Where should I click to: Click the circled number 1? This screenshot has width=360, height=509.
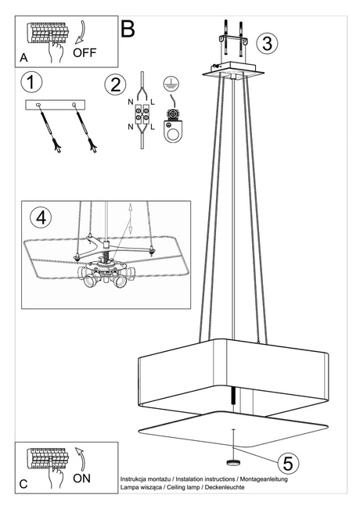(x=32, y=82)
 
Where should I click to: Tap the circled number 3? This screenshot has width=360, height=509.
(x=268, y=43)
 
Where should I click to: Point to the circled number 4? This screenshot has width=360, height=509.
(x=41, y=217)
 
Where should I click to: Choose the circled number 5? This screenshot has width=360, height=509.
(x=288, y=463)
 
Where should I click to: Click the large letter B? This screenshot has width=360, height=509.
(x=128, y=29)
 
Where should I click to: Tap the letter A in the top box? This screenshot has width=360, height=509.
(x=23, y=58)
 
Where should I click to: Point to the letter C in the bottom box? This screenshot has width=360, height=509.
(x=23, y=485)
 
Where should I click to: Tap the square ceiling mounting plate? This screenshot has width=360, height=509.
(x=234, y=73)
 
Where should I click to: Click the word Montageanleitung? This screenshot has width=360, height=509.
(x=259, y=479)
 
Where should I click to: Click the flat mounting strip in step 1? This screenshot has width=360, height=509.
(x=56, y=105)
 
